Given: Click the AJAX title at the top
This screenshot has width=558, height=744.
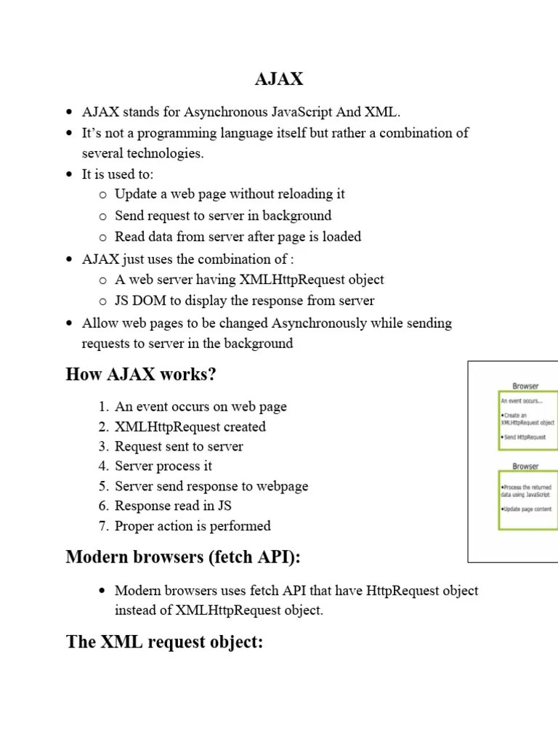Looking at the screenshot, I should click(279, 79).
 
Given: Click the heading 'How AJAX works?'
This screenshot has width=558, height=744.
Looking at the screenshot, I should click(141, 375).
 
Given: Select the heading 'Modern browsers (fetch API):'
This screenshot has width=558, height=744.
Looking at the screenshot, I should click(183, 557).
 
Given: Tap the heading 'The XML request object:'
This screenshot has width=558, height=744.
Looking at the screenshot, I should click(164, 642).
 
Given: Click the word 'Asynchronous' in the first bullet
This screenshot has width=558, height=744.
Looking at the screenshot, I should click(226, 112).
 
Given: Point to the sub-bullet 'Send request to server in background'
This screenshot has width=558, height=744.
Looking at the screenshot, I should click(222, 216).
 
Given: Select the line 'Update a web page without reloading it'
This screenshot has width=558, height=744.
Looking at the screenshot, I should click(230, 194).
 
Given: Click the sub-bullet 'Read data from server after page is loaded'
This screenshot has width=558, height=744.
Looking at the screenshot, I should click(238, 237).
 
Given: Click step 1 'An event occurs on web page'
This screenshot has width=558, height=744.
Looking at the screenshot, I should click(201, 407).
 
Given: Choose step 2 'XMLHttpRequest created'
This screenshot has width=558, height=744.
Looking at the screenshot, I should click(190, 427).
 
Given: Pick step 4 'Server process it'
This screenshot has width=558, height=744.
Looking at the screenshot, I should click(163, 466).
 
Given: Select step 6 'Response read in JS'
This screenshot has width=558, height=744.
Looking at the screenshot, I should click(173, 506).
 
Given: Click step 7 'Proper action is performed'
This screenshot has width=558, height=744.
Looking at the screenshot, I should click(193, 526).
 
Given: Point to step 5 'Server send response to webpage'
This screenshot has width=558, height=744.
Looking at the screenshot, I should click(211, 486).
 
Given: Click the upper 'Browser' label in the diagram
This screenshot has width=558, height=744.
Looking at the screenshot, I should click(525, 387).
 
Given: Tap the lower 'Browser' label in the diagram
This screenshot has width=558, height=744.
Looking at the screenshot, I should click(525, 466).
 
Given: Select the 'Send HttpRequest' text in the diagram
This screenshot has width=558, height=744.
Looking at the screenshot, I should click(523, 437).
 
